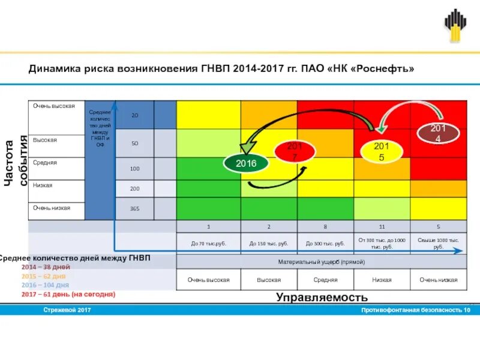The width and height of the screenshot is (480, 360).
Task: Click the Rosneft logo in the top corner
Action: coord(455,26)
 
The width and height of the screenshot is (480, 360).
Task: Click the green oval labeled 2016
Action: coord(245,163)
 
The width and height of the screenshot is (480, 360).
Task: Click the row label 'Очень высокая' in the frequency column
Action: coord(55,106)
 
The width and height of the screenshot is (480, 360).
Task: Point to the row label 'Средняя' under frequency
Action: coord(45,163)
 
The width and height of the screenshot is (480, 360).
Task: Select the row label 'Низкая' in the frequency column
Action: coord(43,185)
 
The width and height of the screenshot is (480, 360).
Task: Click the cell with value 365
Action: coord(134,209)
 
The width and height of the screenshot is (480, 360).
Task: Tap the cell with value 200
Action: coord(134,188)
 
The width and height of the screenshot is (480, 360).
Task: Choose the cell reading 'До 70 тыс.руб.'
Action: coord(209,244)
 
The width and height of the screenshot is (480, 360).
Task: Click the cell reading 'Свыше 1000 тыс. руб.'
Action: coord(438,243)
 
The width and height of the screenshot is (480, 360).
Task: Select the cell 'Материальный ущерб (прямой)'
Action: coord(321,262)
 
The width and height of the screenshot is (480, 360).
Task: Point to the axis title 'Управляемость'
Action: coord(322,297)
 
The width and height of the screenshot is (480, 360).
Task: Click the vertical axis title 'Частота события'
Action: coord(16,162)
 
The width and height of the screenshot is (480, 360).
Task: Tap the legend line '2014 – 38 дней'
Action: coord(46,267)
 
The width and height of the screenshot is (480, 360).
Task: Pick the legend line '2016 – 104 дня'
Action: coord(46,285)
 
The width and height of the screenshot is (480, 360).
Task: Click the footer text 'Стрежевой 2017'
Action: coord(67,310)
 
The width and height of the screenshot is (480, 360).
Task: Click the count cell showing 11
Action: coord(382,227)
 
